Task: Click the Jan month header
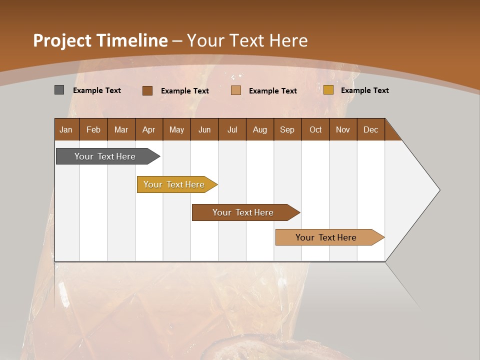(66, 129)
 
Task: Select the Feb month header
(93, 129)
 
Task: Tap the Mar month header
(121, 129)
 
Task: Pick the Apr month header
(149, 129)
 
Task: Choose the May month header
(176, 129)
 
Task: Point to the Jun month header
(204, 129)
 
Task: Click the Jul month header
(232, 129)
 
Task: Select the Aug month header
(260, 129)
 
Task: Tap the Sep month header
(287, 129)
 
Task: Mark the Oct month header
(315, 129)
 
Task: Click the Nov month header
(343, 129)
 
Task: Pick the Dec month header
(371, 129)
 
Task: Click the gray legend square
(59, 90)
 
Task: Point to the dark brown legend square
(147, 90)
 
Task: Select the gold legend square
(328, 90)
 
